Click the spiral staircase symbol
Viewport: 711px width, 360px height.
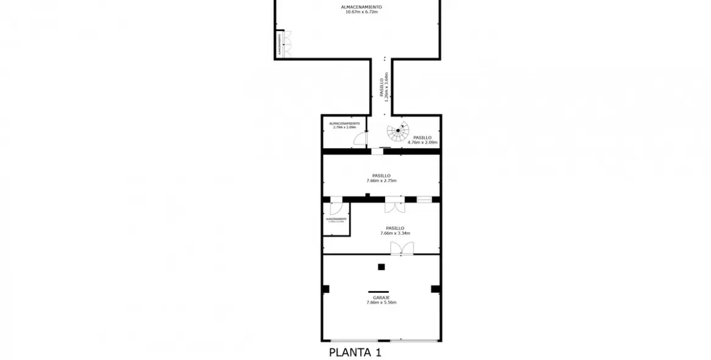pyautogui.click(x=397, y=131)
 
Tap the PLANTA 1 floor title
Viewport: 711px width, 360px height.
pyautogui.click(x=355, y=352)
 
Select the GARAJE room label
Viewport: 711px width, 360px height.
pyautogui.click(x=381, y=298)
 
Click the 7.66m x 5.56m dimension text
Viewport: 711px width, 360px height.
pyautogui.click(x=381, y=303)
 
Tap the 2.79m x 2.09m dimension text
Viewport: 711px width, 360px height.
pyautogui.click(x=344, y=128)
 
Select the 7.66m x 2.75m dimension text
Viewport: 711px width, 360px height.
pyautogui.click(x=381, y=181)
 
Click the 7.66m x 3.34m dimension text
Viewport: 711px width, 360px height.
pyautogui.click(x=395, y=233)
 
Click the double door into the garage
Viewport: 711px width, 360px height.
pyautogui.click(x=402, y=248)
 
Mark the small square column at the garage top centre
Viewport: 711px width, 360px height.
pyautogui.click(x=381, y=267)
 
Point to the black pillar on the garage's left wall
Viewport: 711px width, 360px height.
pyautogui.click(x=326, y=289)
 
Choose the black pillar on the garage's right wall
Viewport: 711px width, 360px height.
pyautogui.click(x=436, y=289)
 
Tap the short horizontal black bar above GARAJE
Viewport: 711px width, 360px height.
pyautogui.click(x=378, y=292)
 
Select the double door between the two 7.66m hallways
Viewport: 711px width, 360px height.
pyautogui.click(x=394, y=206)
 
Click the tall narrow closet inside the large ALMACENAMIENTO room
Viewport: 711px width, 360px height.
pyautogui.click(x=280, y=44)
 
